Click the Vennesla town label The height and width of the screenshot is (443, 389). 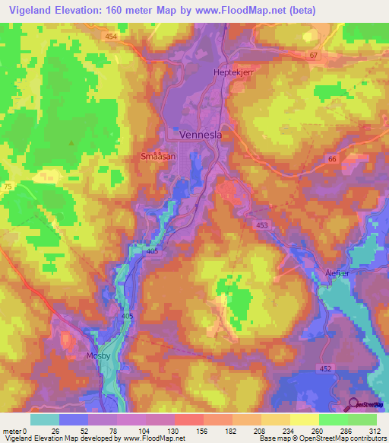202,135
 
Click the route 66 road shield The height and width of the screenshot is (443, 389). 331,158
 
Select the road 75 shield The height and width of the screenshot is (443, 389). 8,186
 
